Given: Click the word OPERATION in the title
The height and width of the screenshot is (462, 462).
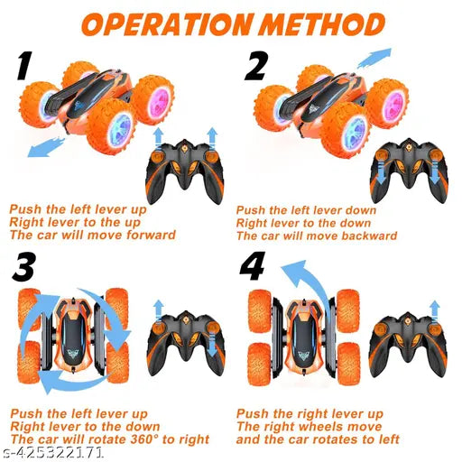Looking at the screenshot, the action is click(x=167, y=24).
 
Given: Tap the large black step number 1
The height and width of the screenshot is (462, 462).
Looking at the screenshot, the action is click(x=24, y=66).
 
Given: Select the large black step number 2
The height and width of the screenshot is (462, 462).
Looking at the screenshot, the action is click(x=256, y=66).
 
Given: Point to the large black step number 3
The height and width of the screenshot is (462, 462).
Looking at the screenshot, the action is click(x=24, y=266).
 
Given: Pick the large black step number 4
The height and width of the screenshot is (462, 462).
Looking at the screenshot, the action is click(x=253, y=265).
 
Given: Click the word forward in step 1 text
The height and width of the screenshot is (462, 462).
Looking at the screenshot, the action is click(x=151, y=235).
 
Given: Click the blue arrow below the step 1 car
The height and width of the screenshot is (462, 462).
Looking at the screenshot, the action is click(x=46, y=146).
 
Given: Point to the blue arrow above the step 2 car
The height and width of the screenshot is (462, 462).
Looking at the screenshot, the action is click(x=374, y=58).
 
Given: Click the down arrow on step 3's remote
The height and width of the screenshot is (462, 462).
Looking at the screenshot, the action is click(x=213, y=343).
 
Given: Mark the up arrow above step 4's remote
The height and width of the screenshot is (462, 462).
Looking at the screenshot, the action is click(x=434, y=310).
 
